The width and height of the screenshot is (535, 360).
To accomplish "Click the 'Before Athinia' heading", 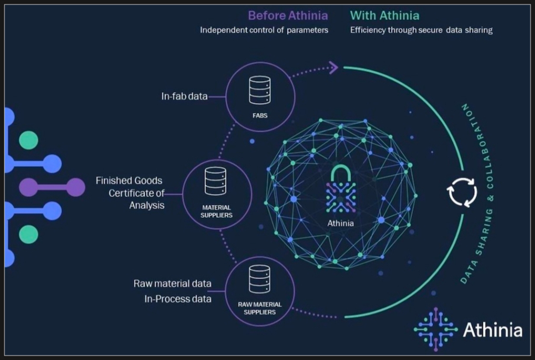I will point(287,16).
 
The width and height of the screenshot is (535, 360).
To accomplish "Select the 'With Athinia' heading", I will point(384,16).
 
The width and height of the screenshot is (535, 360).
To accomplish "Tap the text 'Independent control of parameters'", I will point(264,30).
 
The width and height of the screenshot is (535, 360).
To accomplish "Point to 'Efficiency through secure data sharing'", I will point(421,30).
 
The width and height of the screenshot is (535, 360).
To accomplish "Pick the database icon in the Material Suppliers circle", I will point(215,181).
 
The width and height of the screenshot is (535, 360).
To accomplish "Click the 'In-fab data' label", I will point(184,96).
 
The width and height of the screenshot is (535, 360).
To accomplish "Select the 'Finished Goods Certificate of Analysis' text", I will point(130,193).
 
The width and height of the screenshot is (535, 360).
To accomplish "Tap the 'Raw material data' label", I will point(172,284).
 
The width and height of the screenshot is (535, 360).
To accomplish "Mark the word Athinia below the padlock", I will point(340,224).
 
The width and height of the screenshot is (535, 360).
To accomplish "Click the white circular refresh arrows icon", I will point(462,192).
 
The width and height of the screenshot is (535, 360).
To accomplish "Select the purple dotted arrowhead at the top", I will point(333,68).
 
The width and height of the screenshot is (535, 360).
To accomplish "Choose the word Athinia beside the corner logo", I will point(492,331).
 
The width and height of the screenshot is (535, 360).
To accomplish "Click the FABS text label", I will point(259,116).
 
